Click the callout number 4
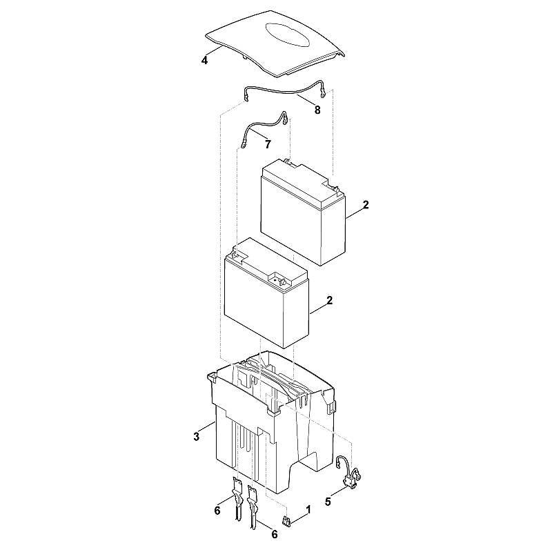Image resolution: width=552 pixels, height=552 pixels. (x=204, y=60)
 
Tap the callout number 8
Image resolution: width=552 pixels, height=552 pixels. (x=317, y=110)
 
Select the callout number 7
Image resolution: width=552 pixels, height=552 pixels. (x=268, y=144)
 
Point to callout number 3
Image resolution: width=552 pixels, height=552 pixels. (x=197, y=437)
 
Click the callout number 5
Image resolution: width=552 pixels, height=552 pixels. (x=328, y=502)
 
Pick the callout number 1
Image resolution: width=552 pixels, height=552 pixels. (x=308, y=509)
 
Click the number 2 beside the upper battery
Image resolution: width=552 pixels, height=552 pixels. (x=366, y=204)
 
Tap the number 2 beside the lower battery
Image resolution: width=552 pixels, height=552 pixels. (x=330, y=300)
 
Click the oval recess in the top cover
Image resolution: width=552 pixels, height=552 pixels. (x=287, y=34)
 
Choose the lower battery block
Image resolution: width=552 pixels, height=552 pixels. (x=266, y=293)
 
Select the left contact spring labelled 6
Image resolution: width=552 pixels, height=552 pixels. (x=237, y=496)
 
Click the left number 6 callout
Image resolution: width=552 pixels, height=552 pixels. (x=217, y=510)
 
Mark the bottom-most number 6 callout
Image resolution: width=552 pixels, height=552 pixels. (x=274, y=534)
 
